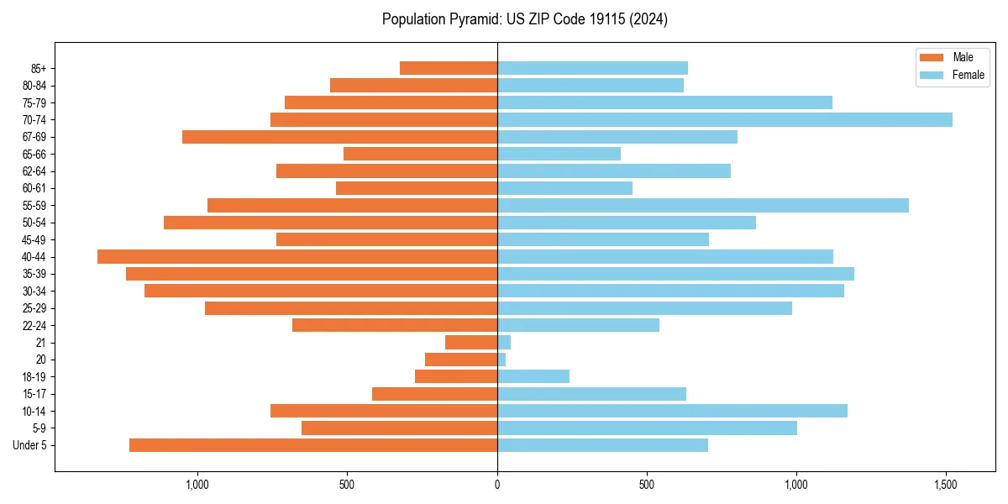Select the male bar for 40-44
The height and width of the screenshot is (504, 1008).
click(297, 257)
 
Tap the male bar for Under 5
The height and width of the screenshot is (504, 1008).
click(313, 445)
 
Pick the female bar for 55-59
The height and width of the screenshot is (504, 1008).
click(702, 206)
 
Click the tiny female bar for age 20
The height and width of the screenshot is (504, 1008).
click(501, 360)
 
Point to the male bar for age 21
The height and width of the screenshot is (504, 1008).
click(471, 343)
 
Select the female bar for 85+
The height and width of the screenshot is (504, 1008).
click(592, 68)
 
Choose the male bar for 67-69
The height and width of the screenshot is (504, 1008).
click(339, 137)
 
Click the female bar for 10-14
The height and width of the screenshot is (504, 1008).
click(672, 411)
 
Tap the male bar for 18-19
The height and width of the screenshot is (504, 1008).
click(456, 376)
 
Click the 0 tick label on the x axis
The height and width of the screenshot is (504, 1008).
click(497, 485)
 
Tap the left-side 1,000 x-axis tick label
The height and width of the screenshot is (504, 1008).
click(197, 485)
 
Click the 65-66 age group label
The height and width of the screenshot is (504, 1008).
click(34, 155)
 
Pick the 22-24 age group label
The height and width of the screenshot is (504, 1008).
click(34, 326)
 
